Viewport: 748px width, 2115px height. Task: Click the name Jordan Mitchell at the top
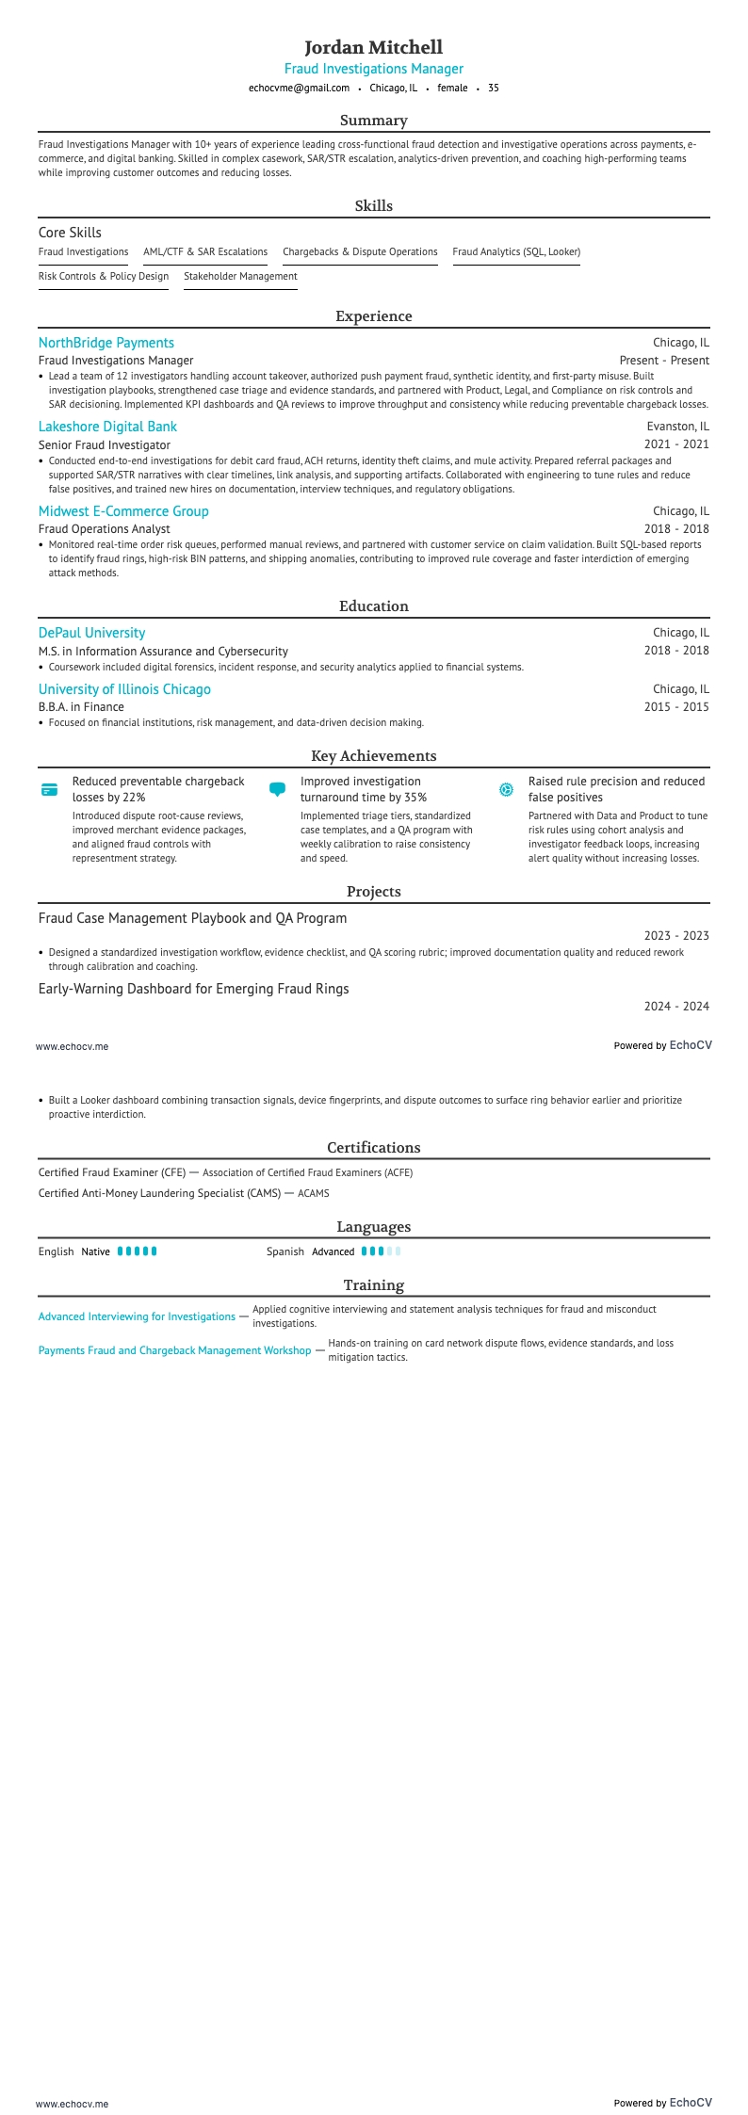click(373, 47)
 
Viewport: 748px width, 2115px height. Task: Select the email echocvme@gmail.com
click(299, 88)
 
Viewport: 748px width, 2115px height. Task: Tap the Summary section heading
click(373, 121)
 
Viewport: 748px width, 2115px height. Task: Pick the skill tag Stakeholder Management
click(240, 277)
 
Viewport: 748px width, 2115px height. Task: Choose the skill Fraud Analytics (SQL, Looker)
click(516, 252)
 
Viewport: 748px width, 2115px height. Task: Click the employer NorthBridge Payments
click(106, 343)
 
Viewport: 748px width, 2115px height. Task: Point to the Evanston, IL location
click(677, 427)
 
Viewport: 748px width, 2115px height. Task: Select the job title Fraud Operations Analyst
click(104, 529)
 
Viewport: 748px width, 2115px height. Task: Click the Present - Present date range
click(664, 361)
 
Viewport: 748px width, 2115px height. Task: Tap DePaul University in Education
click(91, 633)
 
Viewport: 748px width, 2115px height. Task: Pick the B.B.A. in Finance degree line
click(81, 707)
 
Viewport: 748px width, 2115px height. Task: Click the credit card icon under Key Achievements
click(50, 790)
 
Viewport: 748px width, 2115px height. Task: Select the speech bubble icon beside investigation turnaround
click(277, 789)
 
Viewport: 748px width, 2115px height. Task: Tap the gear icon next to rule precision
click(506, 790)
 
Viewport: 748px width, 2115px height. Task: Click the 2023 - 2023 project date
click(676, 936)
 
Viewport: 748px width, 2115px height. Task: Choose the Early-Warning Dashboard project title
click(193, 989)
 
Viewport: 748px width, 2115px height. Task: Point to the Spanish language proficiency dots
click(381, 1251)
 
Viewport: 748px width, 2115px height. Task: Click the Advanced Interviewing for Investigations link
click(137, 1316)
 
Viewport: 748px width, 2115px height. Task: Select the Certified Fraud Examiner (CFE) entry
click(112, 1172)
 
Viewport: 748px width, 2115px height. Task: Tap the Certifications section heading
click(373, 1148)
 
